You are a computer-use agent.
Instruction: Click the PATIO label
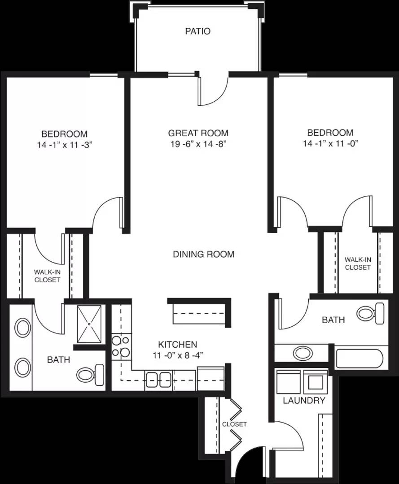198,31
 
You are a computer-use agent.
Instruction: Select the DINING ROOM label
203,254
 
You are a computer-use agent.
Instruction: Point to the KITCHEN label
178,344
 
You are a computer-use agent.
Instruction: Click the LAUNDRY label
304,400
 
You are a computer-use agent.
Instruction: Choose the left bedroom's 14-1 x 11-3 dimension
65,145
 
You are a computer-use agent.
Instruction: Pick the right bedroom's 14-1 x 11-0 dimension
330,143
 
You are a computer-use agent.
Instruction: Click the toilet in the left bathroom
90,375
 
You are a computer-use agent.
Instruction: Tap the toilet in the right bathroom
371,313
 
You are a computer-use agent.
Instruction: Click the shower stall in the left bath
89,324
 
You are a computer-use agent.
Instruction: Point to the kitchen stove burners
121,346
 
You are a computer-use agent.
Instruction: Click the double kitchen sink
158,380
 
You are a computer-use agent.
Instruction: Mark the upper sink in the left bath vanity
23,328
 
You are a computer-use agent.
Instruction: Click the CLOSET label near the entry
234,424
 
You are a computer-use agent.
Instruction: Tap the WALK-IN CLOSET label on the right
358,264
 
